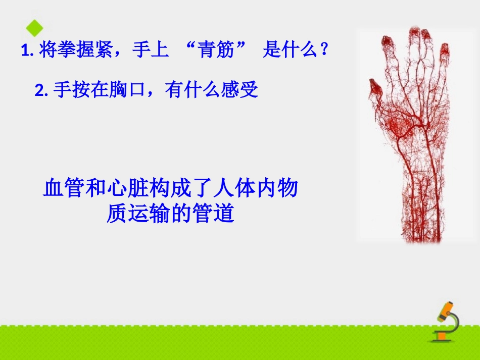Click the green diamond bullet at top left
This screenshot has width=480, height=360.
point(34,28)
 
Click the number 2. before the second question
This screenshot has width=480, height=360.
point(41,91)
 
